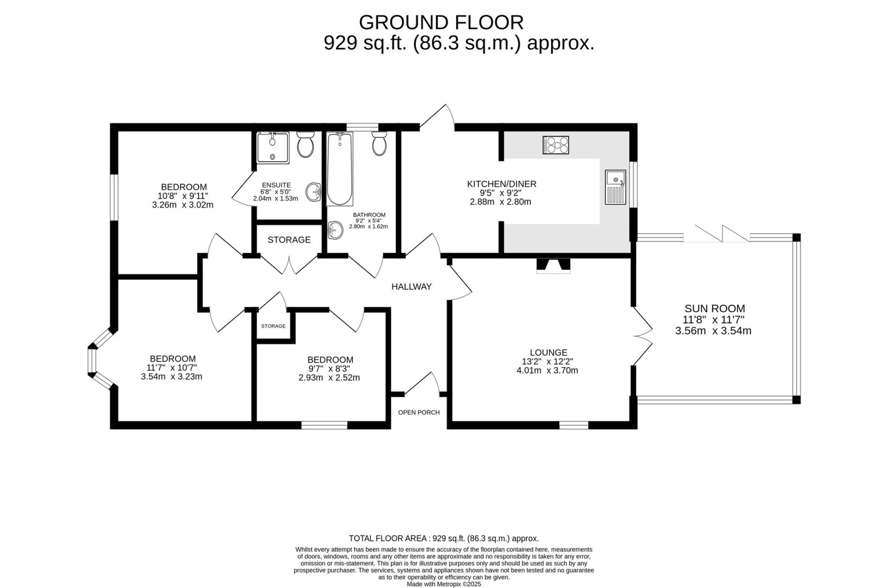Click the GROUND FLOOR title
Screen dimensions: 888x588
(441, 22)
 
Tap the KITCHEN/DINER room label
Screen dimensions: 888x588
(501, 184)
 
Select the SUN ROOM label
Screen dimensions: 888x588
(715, 308)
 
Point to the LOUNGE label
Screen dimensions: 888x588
(548, 352)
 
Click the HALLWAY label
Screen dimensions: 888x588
(411, 287)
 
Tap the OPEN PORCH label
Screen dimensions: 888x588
(419, 412)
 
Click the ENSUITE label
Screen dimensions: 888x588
(276, 185)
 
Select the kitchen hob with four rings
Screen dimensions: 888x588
(556, 145)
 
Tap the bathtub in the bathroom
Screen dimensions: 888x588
(339, 169)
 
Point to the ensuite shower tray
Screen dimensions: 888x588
(272, 147)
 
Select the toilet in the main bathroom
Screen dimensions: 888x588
(379, 143)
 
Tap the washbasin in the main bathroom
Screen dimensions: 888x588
(334, 230)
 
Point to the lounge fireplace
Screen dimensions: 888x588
(553, 265)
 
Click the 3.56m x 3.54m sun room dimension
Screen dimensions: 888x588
(713, 331)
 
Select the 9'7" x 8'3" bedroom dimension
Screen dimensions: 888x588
(330, 368)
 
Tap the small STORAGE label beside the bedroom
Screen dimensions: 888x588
(273, 326)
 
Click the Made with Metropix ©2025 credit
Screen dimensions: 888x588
(444, 584)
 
